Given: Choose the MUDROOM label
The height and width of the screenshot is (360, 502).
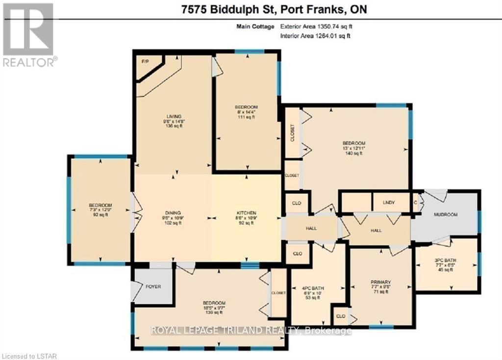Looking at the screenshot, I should (445, 215).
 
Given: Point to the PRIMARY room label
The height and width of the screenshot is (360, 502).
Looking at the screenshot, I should (380, 282).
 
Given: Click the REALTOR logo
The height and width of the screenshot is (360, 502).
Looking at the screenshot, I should (29, 35).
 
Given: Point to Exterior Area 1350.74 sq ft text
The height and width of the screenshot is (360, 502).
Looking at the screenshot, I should (316, 27).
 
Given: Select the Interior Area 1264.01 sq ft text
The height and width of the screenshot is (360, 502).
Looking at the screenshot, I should (316, 36).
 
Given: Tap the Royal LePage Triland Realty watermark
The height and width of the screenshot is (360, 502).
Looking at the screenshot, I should (251, 331).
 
